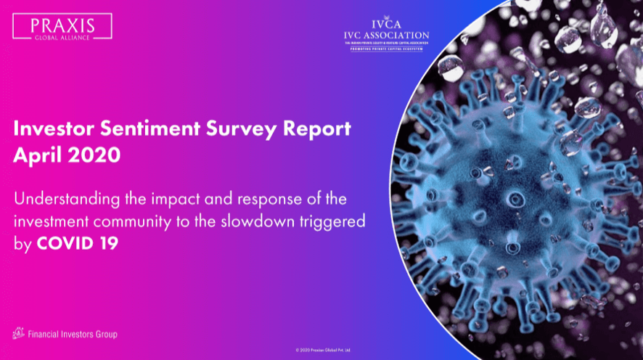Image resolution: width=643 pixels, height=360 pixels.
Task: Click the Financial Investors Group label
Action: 72,334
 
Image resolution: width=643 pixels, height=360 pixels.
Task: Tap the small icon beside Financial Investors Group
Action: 19,333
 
